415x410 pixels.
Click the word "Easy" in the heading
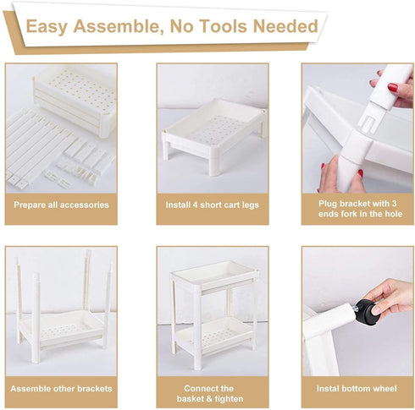[x=47, y=27]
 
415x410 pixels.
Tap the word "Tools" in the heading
[x=224, y=26]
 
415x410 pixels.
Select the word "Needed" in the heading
[x=285, y=26]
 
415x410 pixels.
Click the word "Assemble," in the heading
[x=119, y=27]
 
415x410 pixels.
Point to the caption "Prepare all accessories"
[x=61, y=205]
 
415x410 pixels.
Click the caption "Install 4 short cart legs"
[x=213, y=205]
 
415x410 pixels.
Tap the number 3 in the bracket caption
[x=394, y=204]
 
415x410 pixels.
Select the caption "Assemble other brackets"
[x=61, y=389]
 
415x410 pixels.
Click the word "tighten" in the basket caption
[x=229, y=399]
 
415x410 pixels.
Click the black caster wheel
[x=367, y=312]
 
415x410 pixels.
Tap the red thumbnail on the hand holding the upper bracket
[x=393, y=87]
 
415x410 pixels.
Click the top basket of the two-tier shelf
[x=214, y=275]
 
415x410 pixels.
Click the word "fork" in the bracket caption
[x=350, y=214]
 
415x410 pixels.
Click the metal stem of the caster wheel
[x=353, y=309]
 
